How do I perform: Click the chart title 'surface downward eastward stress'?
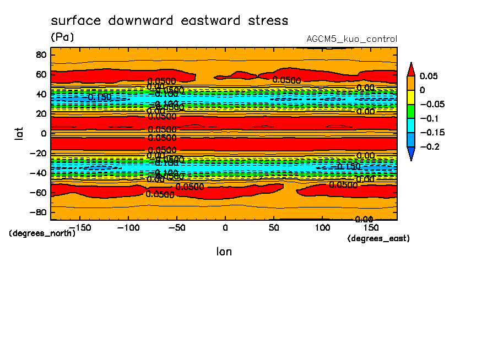(169, 21)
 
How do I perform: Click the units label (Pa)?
(62, 37)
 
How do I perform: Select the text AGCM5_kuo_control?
(351, 39)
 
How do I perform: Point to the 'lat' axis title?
(19, 133)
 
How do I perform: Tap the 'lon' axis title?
(224, 252)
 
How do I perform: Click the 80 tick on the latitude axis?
(40, 54)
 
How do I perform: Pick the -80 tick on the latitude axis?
(38, 212)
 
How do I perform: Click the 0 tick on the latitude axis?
(43, 133)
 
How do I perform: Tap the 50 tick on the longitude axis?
(273, 227)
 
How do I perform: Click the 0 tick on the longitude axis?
(225, 227)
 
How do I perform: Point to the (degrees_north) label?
(42, 233)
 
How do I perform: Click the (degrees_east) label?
(378, 238)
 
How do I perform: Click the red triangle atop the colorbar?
(410, 69)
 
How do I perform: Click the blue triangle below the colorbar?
(410, 154)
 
